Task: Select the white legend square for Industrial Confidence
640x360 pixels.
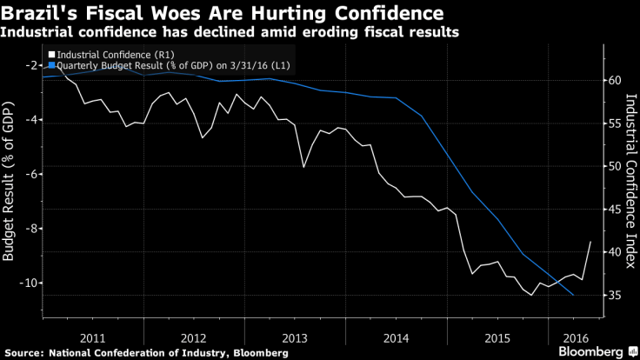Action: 52,55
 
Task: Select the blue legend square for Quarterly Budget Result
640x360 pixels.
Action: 52,64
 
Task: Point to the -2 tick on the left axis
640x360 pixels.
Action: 31,65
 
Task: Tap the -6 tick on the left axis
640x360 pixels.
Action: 31,174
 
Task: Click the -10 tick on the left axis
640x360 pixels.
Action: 29,283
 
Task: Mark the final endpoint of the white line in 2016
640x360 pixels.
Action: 591,242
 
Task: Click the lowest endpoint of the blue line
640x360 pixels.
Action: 573,296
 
